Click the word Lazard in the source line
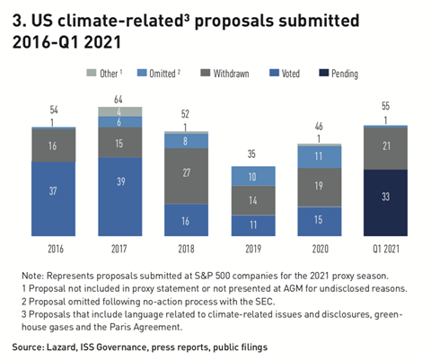click(81, 346)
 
